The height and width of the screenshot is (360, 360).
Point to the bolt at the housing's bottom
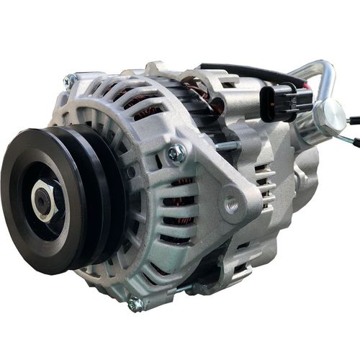[135, 304]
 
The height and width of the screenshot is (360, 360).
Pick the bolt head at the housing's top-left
[70, 81]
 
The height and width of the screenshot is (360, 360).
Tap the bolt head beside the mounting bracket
[174, 153]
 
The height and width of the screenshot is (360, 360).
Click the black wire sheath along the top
[238, 70]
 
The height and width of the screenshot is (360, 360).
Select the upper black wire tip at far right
[354, 120]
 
